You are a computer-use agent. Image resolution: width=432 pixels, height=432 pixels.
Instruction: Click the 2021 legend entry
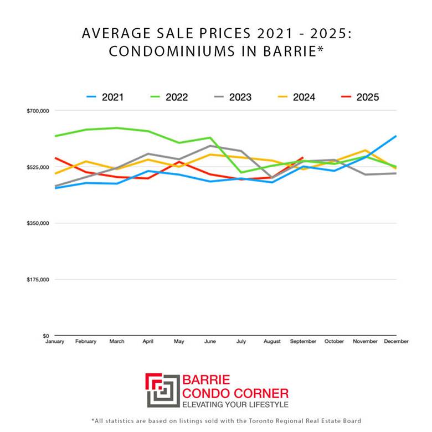(x=105, y=97)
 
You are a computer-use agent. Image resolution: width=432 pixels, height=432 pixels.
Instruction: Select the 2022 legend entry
(x=169, y=97)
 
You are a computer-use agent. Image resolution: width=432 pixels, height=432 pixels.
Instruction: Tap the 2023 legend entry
(x=233, y=97)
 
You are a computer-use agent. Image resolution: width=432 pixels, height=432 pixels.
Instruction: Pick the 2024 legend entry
(x=296, y=97)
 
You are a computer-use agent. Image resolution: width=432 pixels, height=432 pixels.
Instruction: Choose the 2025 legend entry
(x=360, y=97)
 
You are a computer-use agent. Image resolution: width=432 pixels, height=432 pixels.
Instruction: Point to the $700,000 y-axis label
(x=38, y=111)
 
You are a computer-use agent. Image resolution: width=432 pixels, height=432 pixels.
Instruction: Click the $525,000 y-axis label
(x=38, y=167)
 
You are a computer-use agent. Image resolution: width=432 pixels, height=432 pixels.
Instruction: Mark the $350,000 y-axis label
(x=38, y=223)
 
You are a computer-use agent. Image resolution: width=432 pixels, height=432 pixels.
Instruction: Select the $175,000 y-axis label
(x=38, y=280)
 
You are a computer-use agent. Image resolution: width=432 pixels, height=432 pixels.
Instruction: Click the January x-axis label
(x=55, y=342)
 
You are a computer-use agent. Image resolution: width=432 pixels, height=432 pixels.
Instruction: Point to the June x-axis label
(x=210, y=342)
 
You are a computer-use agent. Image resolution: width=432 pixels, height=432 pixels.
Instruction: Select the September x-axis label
(x=303, y=342)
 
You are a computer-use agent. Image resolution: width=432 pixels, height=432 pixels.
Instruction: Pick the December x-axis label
(x=395, y=342)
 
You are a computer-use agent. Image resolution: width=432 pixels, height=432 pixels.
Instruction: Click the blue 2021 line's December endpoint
(x=396, y=136)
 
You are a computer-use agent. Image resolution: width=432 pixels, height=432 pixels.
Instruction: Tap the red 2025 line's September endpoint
(x=303, y=158)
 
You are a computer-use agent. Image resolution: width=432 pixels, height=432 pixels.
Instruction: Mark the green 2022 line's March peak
(x=117, y=128)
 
